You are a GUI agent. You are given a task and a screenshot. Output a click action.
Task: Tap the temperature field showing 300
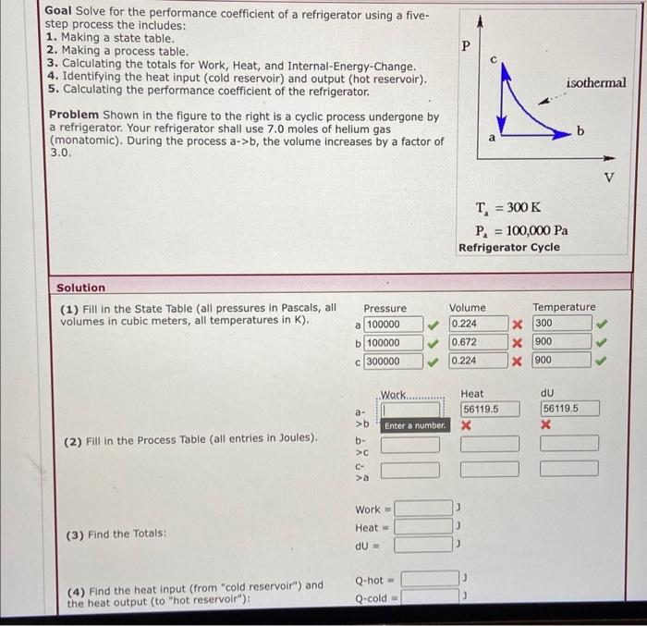coord(561,325)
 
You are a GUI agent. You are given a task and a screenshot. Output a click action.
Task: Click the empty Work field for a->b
coord(409,409)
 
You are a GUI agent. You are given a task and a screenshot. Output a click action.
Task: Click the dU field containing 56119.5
coord(570,409)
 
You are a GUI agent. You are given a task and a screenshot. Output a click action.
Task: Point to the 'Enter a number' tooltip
coord(415,426)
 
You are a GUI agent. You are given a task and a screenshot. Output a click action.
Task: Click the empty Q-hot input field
coord(429,580)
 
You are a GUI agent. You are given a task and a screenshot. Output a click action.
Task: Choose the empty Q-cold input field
coord(429,597)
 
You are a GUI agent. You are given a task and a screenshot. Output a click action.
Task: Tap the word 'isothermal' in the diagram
coord(596,82)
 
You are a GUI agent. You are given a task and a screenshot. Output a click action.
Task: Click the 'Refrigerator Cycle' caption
coord(508,248)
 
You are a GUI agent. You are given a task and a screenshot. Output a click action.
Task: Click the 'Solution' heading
coord(81,288)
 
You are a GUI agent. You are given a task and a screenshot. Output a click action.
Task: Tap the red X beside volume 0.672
coord(519,343)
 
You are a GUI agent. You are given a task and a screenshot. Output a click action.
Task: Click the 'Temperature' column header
coord(564,307)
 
